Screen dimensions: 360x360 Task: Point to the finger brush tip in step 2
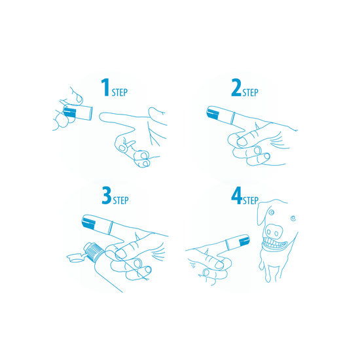point(212,114)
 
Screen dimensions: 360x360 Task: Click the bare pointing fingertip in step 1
point(103,117)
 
